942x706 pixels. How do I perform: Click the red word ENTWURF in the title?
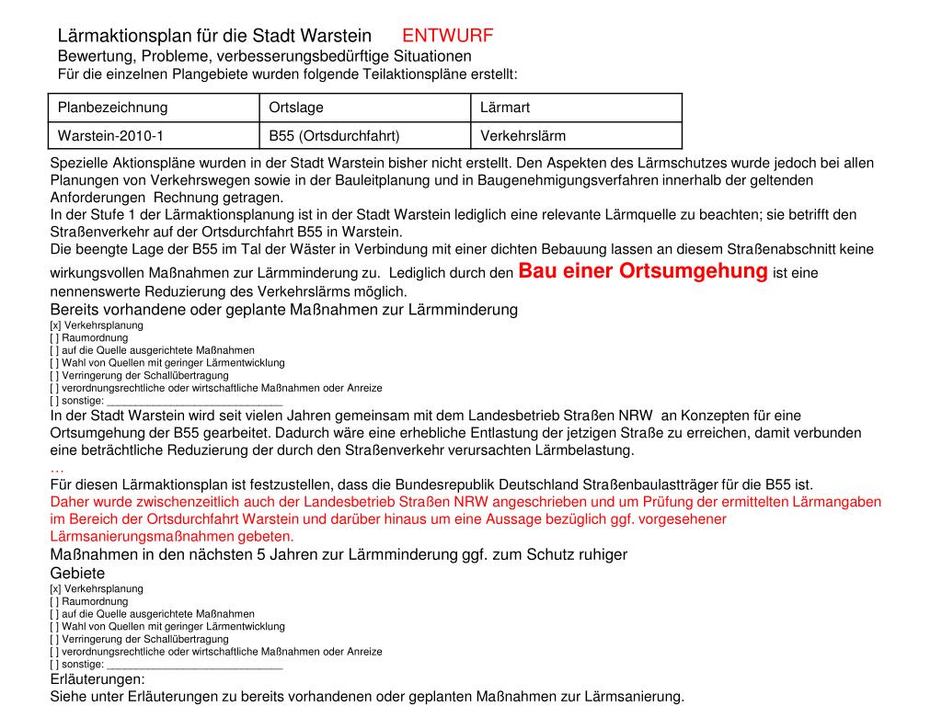click(x=448, y=36)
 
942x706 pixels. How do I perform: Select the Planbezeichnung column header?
click(x=113, y=108)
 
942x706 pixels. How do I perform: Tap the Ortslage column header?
click(x=296, y=108)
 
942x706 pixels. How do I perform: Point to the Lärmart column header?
click(x=505, y=108)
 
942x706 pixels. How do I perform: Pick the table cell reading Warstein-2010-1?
click(x=110, y=136)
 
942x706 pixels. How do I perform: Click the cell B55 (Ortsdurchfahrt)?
click(x=334, y=136)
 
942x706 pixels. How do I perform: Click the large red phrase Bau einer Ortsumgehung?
click(x=643, y=271)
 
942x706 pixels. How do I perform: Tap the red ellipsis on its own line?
click(x=57, y=468)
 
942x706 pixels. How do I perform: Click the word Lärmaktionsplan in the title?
click(x=122, y=36)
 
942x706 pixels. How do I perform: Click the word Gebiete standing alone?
click(x=77, y=573)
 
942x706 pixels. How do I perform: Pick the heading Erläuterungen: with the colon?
click(x=97, y=679)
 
